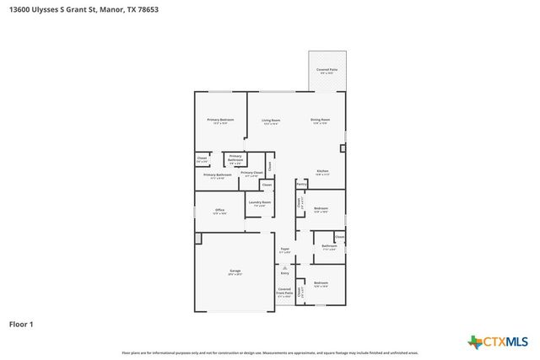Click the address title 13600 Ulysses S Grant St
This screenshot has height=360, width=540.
pyautogui.click(x=83, y=10)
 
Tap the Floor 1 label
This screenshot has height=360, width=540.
pyautogui.click(x=21, y=323)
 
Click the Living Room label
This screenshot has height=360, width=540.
pyautogui.click(x=270, y=121)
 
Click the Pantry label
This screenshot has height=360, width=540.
pyautogui.click(x=301, y=183)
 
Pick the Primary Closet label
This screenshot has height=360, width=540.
pyautogui.click(x=251, y=174)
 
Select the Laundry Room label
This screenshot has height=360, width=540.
pyautogui.click(x=260, y=203)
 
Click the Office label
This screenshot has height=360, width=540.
pyautogui.click(x=219, y=211)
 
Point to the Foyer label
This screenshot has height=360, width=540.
pyautogui.click(x=285, y=250)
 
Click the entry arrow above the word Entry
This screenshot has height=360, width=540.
pyautogui.click(x=285, y=266)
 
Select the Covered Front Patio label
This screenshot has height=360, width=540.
pyautogui.click(x=284, y=293)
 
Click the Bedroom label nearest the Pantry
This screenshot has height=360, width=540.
pyautogui.click(x=321, y=209)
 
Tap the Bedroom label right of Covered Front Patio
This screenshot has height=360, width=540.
pyautogui.click(x=321, y=284)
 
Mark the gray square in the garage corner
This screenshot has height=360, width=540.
pyautogui.click(x=198, y=239)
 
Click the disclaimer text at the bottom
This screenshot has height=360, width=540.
pyautogui.click(x=269, y=352)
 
